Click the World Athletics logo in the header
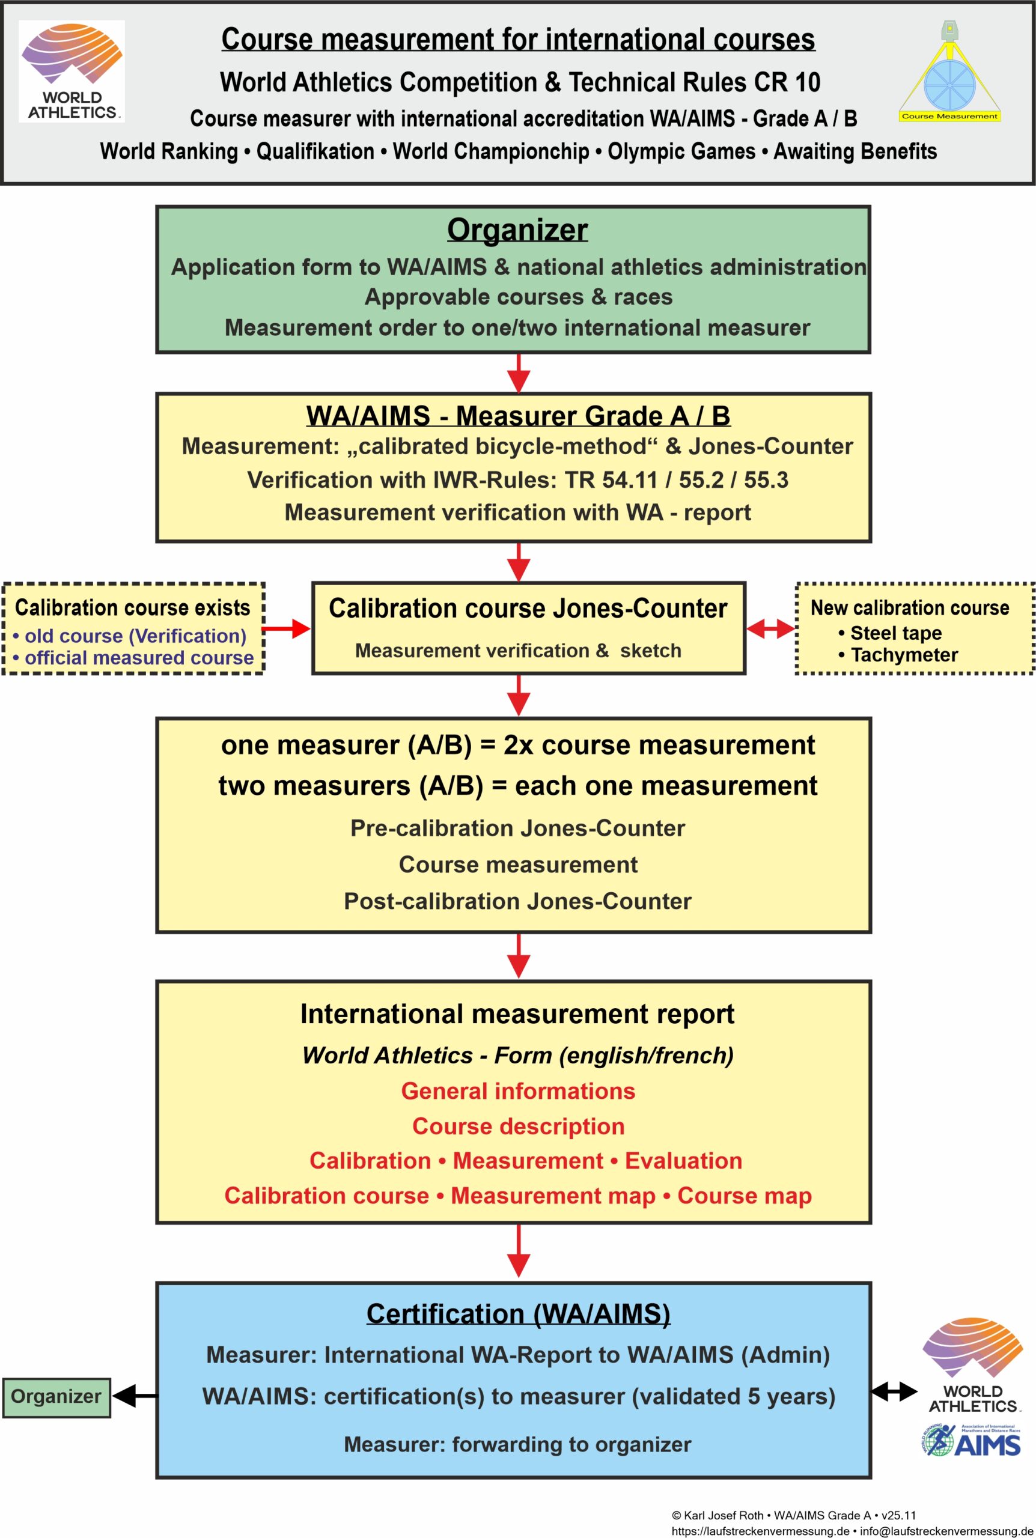(72, 71)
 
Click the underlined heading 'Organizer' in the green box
(517, 231)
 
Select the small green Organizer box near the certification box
(56, 1396)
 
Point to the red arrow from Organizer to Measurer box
(519, 373)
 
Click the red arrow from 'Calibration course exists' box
(287, 628)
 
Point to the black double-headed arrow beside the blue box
(894, 1392)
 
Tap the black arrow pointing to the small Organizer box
(135, 1396)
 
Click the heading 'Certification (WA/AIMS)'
(518, 1314)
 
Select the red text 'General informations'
(518, 1091)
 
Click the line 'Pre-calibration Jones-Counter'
(517, 828)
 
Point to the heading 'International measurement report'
(517, 1014)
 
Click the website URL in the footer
(760, 1531)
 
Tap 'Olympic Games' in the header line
(681, 152)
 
